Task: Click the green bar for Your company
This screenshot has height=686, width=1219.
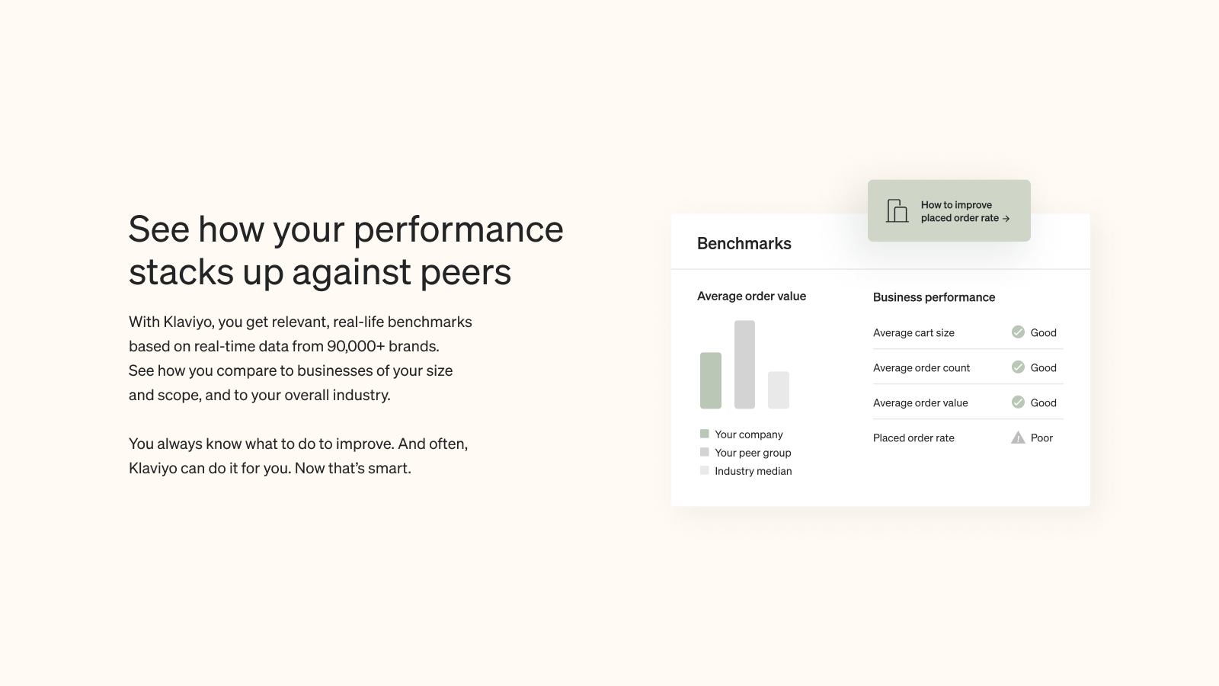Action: tap(711, 380)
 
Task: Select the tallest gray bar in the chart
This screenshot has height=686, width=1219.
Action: tap(744, 364)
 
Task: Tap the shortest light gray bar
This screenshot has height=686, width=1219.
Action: tap(778, 389)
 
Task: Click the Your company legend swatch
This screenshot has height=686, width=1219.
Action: tap(704, 434)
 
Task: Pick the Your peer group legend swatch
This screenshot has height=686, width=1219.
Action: tap(704, 452)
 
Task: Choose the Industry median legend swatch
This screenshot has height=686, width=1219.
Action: tap(704, 470)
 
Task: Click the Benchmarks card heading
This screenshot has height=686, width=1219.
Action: tap(744, 243)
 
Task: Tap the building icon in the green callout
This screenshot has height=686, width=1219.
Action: tap(897, 210)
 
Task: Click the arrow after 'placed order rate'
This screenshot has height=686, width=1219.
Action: tap(1006, 218)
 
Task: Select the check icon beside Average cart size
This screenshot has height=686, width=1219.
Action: tap(1018, 332)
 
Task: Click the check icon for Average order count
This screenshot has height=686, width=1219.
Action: tap(1018, 367)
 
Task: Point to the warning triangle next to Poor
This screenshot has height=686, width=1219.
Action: tap(1018, 438)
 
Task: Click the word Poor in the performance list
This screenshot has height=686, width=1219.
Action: tap(1041, 438)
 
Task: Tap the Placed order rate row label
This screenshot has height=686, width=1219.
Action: tap(913, 438)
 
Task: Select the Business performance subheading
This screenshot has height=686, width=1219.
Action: tap(934, 297)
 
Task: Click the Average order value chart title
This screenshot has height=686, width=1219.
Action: tap(751, 297)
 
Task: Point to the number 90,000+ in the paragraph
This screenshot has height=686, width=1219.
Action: tap(356, 346)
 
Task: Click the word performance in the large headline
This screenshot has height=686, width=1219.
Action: tap(458, 229)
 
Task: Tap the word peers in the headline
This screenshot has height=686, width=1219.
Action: tap(466, 273)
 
